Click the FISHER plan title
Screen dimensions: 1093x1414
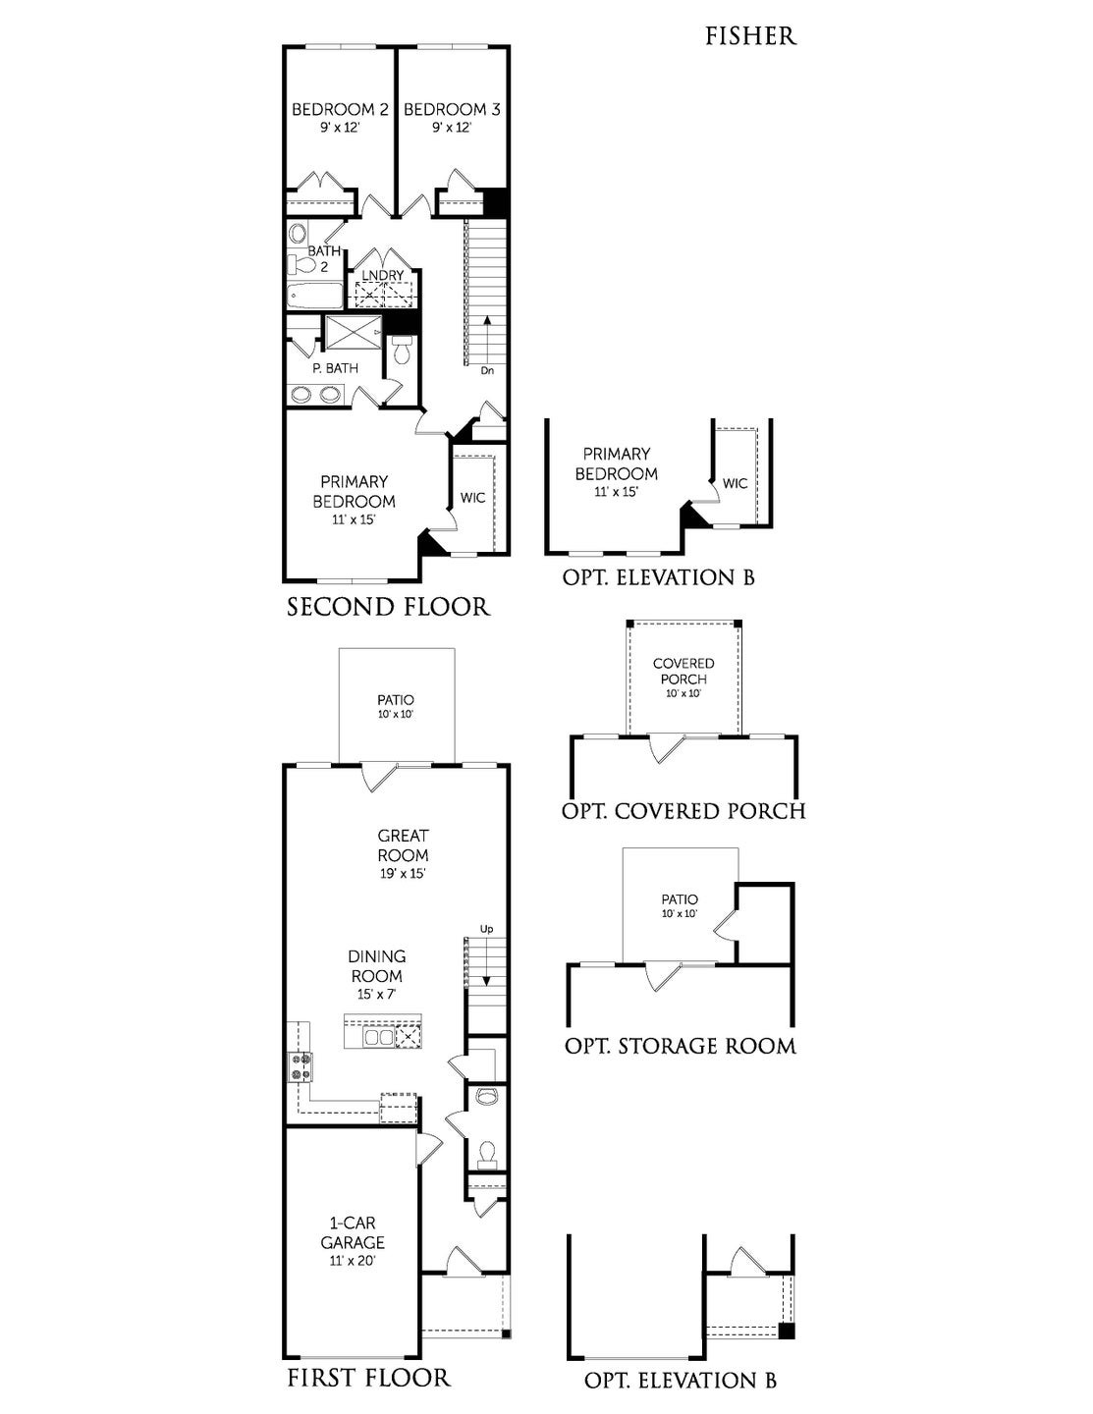(751, 36)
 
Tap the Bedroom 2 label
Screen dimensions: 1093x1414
(340, 109)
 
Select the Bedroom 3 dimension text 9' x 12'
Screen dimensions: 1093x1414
(452, 128)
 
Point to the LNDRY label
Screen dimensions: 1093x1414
(383, 275)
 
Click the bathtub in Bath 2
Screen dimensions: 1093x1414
(315, 297)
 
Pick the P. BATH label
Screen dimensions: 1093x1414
(335, 368)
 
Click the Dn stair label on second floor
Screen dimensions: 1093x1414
(487, 371)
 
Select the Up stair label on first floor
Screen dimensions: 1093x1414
(487, 929)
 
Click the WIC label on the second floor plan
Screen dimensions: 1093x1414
(473, 498)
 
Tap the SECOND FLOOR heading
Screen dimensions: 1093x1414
(389, 607)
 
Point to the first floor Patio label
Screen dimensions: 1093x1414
(396, 700)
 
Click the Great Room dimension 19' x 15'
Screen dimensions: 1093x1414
(403, 873)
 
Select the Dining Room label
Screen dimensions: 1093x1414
(377, 966)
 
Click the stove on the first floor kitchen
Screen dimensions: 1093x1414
(300, 1067)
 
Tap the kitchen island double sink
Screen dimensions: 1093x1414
(379, 1036)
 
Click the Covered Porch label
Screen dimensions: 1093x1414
(683, 671)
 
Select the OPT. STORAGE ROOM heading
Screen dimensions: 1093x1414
(680, 1047)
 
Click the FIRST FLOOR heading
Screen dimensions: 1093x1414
(369, 1377)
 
